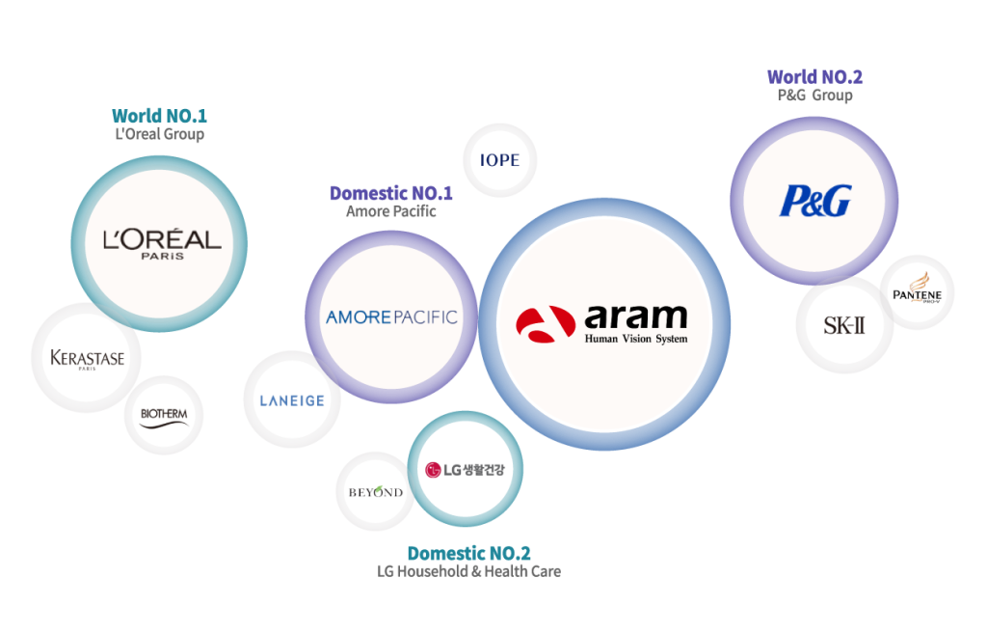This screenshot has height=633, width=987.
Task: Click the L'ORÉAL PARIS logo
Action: coord(162,244)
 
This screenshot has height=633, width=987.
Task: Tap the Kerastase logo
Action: coord(88,359)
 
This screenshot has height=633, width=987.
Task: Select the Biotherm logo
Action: coord(164,418)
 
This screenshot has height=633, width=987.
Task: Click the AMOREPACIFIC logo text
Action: coord(391,317)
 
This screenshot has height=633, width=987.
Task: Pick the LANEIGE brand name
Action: coord(292,401)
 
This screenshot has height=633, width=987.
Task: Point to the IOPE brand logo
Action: coord(500,160)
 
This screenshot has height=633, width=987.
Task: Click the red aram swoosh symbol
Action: coord(546,324)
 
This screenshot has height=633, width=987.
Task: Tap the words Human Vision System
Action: coord(636,339)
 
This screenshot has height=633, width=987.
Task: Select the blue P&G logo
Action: coord(815,201)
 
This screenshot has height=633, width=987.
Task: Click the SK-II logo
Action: coord(844,325)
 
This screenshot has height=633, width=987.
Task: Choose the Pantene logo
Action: coord(918,289)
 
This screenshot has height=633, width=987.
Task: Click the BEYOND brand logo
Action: coord(376,492)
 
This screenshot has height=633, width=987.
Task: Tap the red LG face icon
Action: coord(433,470)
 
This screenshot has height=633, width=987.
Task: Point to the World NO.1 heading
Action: coord(159,116)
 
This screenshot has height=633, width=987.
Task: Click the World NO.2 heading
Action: coord(814,77)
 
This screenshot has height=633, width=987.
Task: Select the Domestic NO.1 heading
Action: coord(391,193)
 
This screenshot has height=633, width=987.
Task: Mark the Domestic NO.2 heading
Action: coord(469,554)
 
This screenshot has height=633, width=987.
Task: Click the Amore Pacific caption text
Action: coord(391,211)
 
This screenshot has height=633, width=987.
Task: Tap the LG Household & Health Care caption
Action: coord(469,572)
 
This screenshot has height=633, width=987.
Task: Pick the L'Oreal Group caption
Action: coord(159,134)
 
